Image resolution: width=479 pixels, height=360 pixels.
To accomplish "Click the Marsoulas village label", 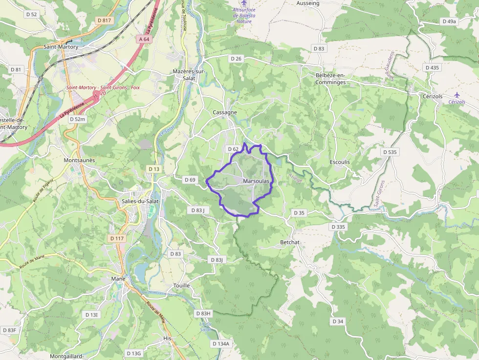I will [256, 181].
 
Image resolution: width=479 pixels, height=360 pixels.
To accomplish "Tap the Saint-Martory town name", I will [61, 47].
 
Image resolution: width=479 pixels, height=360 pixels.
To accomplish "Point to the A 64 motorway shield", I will [144, 39].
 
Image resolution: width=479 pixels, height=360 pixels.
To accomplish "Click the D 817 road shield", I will [105, 21].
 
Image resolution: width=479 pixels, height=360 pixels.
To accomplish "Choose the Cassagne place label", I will [225, 112].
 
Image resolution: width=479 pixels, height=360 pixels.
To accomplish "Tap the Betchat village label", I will [290, 242].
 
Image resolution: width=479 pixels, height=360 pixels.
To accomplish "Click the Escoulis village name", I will [340, 162].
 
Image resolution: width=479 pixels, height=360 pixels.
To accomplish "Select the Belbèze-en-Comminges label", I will [330, 79].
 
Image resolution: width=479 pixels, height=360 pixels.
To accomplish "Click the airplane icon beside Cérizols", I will [457, 94].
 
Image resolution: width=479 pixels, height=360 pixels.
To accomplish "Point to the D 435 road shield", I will [432, 67].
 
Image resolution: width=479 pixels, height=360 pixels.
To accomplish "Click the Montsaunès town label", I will [79, 160].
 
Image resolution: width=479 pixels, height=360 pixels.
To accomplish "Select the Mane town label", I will [118, 279].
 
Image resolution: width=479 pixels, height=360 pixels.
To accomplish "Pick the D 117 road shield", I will [117, 238].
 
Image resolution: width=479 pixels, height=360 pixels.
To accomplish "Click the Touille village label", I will [181, 285].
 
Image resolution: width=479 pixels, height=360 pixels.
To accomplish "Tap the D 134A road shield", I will [220, 344].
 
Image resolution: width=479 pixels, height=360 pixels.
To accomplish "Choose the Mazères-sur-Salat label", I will [189, 75].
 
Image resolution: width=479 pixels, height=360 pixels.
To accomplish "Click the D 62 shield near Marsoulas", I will [233, 149].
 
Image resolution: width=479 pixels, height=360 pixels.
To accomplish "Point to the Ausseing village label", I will [308, 3].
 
